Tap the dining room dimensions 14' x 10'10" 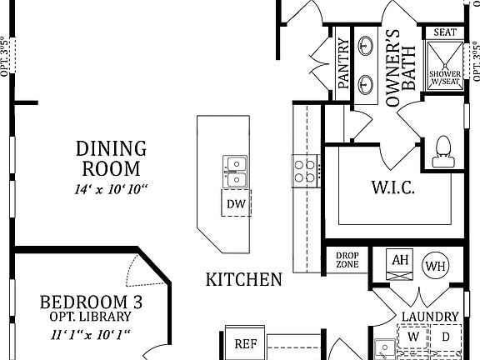point(111,188)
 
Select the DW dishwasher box point(235,202)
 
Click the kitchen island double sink point(235,172)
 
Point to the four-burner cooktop point(305,171)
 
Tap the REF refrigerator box point(245,343)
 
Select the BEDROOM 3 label point(85,302)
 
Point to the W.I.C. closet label point(392,186)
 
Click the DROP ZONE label point(347,260)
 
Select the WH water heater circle point(435,266)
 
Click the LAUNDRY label point(430,317)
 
